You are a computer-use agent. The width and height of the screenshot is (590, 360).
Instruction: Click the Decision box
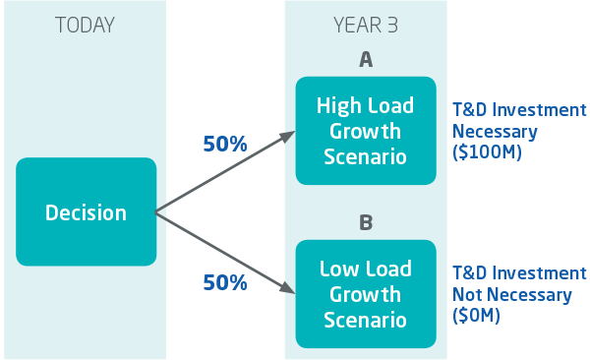(87, 211)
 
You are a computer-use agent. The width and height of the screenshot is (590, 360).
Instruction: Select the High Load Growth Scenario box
(365, 130)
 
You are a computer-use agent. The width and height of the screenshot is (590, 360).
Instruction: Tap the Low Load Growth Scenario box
(365, 293)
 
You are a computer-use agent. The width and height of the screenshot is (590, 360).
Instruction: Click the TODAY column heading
(86, 26)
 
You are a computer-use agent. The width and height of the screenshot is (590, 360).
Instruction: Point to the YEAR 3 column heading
(365, 26)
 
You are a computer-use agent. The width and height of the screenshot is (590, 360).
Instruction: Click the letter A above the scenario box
(365, 60)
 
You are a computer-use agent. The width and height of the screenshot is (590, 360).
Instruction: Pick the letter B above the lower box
(365, 223)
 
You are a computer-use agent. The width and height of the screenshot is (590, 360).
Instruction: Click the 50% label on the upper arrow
(225, 144)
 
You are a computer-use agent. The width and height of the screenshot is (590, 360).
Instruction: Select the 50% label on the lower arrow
(225, 283)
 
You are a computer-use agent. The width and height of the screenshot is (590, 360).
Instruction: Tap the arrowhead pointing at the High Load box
(290, 134)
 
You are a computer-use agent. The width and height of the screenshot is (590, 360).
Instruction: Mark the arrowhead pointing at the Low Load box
(290, 289)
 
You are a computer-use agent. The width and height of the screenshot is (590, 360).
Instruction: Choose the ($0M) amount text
(476, 317)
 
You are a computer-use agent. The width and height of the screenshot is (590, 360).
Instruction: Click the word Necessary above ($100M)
(494, 132)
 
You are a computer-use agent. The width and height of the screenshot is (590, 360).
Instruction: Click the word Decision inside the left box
(87, 212)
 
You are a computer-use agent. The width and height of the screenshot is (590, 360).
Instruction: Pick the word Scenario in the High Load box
(365, 155)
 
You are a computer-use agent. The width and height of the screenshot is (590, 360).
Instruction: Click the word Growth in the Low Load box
(365, 294)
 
